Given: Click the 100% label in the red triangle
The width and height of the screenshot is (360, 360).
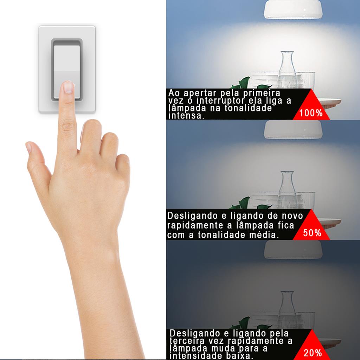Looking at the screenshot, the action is (x=311, y=113).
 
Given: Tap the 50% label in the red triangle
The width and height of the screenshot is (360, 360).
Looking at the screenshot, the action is (x=312, y=233).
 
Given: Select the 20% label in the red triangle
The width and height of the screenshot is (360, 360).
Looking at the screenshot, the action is (x=313, y=353).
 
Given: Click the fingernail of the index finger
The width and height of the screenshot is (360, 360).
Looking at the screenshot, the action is (x=68, y=87).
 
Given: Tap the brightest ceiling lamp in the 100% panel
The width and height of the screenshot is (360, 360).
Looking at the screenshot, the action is (x=293, y=9).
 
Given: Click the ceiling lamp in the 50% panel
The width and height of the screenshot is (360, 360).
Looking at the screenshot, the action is (x=293, y=130).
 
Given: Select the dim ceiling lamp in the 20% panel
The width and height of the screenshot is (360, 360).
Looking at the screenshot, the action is (x=293, y=250).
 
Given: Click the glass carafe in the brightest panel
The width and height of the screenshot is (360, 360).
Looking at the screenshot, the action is (x=287, y=70).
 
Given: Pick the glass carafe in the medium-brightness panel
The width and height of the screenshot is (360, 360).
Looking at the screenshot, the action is (x=287, y=190).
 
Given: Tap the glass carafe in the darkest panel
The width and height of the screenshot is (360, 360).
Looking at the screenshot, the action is (x=287, y=310).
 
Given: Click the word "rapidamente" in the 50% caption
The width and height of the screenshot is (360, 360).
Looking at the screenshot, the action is (x=195, y=225).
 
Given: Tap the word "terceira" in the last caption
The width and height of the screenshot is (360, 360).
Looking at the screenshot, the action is (x=187, y=341).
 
